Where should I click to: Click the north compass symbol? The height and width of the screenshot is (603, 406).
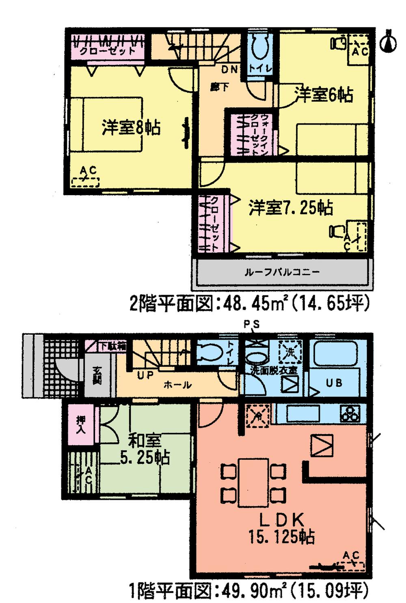389,41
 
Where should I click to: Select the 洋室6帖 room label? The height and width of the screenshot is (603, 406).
324,95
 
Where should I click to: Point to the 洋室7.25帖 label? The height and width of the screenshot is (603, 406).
290,208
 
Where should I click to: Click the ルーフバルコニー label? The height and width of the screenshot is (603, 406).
282,272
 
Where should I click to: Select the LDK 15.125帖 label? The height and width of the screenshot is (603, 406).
282,527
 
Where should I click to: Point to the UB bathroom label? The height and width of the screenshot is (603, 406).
334,382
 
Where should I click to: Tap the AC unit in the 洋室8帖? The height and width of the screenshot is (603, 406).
86,178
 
